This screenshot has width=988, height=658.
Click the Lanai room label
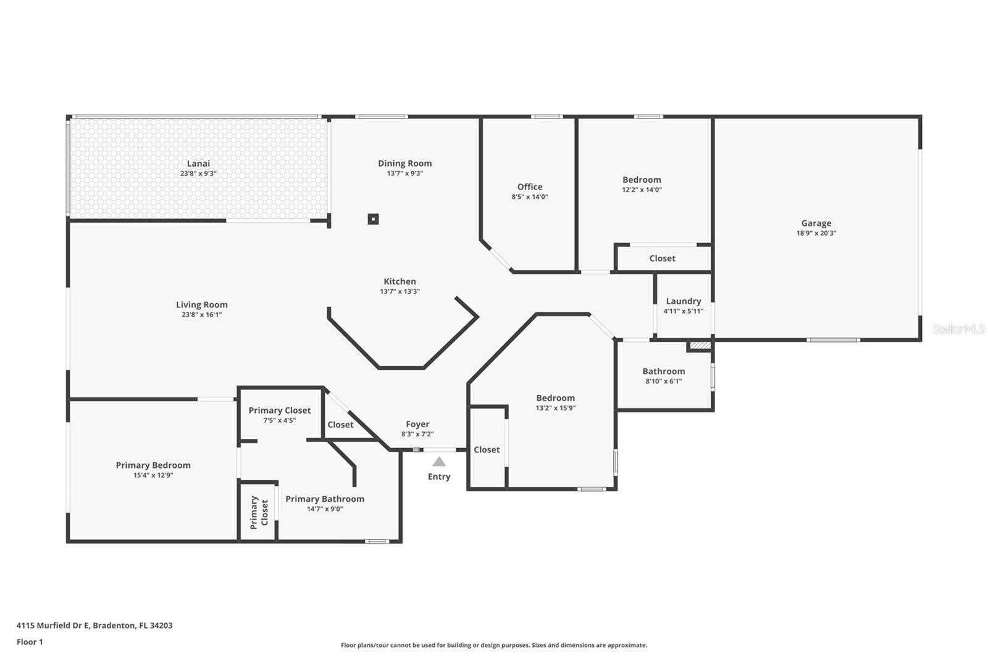[198, 164]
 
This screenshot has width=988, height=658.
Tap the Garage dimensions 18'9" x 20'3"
[816, 233]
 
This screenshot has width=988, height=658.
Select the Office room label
[530, 186]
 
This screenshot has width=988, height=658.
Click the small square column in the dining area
[373, 219]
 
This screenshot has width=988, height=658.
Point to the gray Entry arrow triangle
[439, 461]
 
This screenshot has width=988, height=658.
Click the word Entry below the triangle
[439, 477]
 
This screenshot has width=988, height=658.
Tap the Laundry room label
[683, 301]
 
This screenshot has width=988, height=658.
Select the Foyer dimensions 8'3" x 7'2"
[417, 434]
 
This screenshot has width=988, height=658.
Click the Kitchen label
[400, 281]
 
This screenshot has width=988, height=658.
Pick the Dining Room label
[405, 163]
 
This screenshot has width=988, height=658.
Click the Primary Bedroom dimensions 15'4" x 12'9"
[153, 475]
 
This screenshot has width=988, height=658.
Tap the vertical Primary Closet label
[259, 512]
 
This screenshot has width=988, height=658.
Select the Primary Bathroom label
[325, 499]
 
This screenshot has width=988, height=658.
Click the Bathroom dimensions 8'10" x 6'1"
[663, 381]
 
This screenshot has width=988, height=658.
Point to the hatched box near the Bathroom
[700, 345]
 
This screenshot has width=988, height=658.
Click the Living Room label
[201, 305]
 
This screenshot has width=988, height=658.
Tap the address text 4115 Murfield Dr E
[53, 625]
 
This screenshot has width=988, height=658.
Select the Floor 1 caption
[30, 642]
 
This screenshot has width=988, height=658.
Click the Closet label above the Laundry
[662, 259]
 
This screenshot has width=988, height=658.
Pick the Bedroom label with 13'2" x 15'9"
[555, 398]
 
